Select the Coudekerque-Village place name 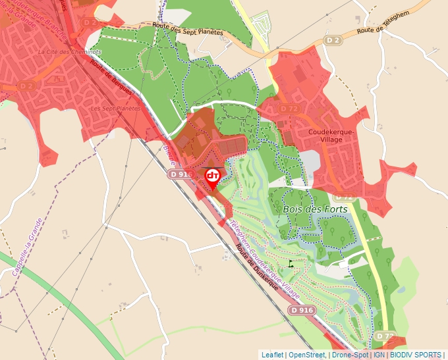(x=331, y=135)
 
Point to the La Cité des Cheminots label (x=69, y=51)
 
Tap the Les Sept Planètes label (x=115, y=108)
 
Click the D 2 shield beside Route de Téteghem (x=334, y=40)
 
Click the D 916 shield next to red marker (x=180, y=174)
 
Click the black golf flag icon (x=290, y=263)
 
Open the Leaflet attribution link (x=272, y=355)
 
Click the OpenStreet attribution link (x=306, y=355)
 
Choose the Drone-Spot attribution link (x=350, y=355)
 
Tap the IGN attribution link (x=379, y=355)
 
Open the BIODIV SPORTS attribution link (x=416, y=355)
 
